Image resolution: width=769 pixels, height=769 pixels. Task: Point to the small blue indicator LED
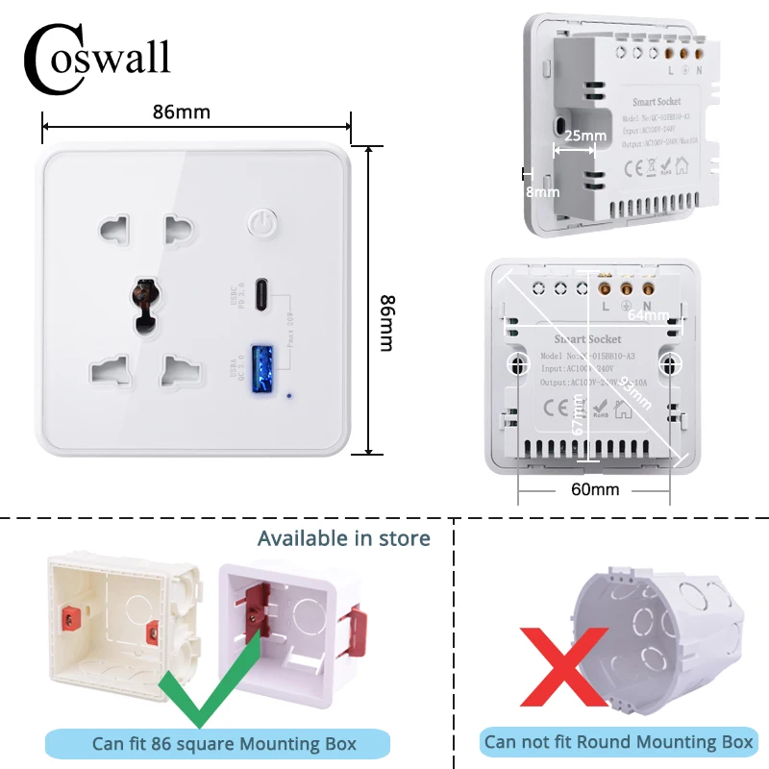pos(290,393)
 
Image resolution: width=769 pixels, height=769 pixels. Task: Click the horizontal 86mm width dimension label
pos(181,112)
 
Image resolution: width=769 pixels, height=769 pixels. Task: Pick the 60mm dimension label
pos(595,489)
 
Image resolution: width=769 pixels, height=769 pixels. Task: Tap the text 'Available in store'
pos(343,538)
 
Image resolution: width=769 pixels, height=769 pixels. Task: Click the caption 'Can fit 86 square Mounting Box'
pos(224,743)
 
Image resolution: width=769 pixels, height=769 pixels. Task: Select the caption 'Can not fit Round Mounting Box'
pos(619,741)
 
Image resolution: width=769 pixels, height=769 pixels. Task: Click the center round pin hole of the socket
pos(144,297)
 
